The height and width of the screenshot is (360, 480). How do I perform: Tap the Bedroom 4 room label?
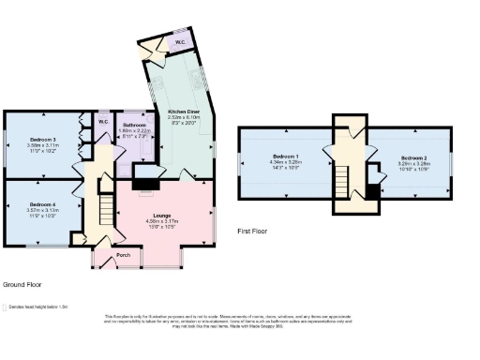click(43, 203)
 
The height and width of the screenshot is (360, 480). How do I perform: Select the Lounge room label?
click(162, 216)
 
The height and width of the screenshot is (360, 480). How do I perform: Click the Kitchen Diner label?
click(183, 111)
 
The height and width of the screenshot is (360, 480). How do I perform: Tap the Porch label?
click(122, 255)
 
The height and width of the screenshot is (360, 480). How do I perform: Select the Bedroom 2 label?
click(413, 157)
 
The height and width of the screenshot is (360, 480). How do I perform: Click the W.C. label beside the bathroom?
click(104, 122)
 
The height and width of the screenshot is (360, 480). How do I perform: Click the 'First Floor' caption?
click(252, 231)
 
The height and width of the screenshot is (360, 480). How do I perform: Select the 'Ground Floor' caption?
click(22, 283)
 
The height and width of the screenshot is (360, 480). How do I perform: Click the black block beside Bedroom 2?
click(374, 192)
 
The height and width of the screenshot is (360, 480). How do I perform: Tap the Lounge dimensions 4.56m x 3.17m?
click(162, 223)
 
